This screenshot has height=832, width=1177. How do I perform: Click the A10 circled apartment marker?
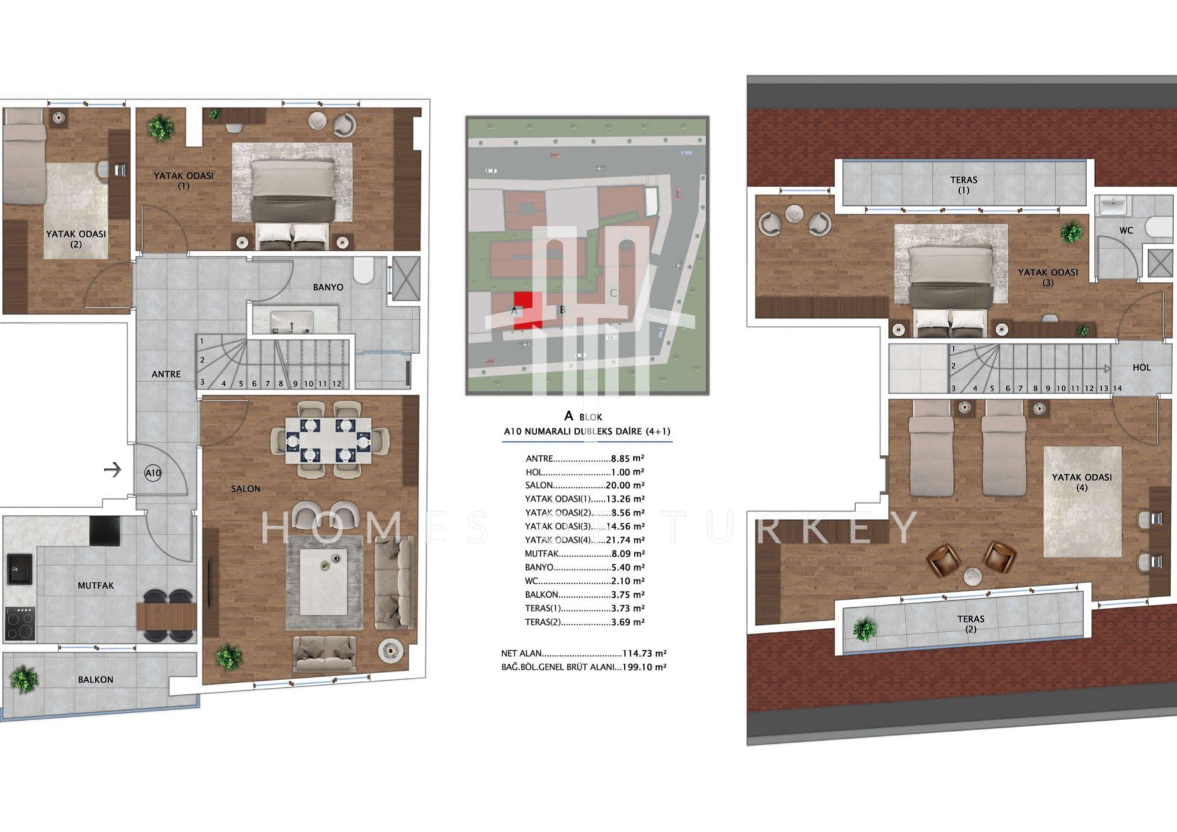153,472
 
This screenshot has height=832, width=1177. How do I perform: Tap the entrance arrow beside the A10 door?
112,470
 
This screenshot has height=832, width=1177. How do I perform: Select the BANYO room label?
328,287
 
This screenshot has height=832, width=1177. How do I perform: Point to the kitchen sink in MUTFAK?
19,568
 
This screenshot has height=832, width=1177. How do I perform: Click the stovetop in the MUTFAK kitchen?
20,624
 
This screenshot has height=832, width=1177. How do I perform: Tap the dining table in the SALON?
329,441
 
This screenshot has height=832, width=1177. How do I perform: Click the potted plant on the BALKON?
25,680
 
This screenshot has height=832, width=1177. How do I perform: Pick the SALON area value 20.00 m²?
625,485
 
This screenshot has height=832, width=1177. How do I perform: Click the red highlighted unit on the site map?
527,309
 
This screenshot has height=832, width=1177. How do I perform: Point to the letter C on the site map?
613,292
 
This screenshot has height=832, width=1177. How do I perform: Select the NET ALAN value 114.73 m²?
644,653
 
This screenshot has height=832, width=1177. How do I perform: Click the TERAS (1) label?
963,185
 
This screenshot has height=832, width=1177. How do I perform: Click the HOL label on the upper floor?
1142,367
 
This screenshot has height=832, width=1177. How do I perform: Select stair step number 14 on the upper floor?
1117,388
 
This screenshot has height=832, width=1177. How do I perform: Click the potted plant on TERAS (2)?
865,630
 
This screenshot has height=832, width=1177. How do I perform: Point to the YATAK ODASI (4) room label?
1082,482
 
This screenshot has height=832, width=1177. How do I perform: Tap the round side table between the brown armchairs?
973,576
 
